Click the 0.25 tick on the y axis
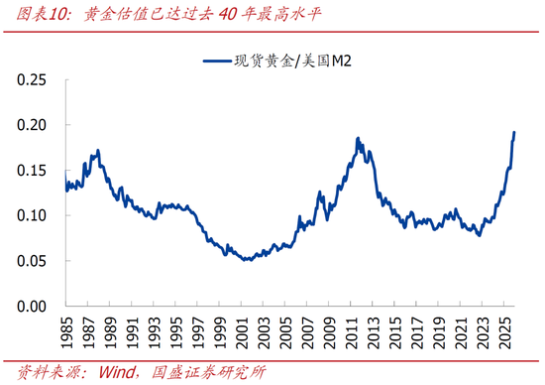point(34,79)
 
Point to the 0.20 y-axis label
point(34,125)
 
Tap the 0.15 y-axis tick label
point(34,170)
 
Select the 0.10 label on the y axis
point(34,215)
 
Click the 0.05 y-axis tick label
point(34,261)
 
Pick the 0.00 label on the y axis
point(34,306)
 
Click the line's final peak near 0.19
point(514,132)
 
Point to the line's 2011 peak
point(358,139)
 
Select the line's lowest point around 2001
point(245,259)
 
